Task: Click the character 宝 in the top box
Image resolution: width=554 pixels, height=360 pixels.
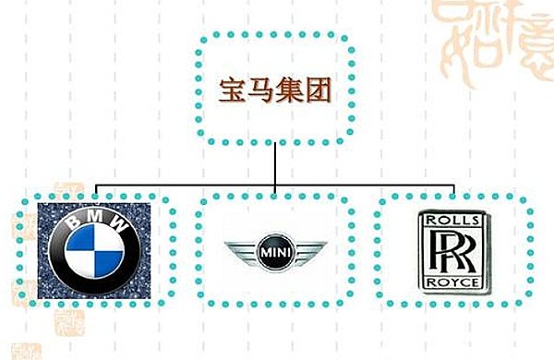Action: [x=230, y=90]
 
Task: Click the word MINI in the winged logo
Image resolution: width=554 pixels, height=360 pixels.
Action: [x=276, y=250]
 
